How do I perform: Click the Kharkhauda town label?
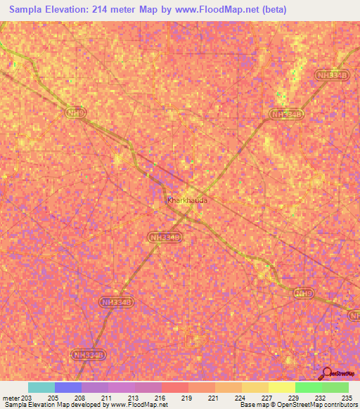point(188,200)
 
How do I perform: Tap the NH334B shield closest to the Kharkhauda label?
point(165,238)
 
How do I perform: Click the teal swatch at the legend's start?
point(41,387)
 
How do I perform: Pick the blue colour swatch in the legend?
point(67,387)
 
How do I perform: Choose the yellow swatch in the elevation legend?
point(281,387)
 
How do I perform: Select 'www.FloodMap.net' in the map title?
point(214,9)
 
